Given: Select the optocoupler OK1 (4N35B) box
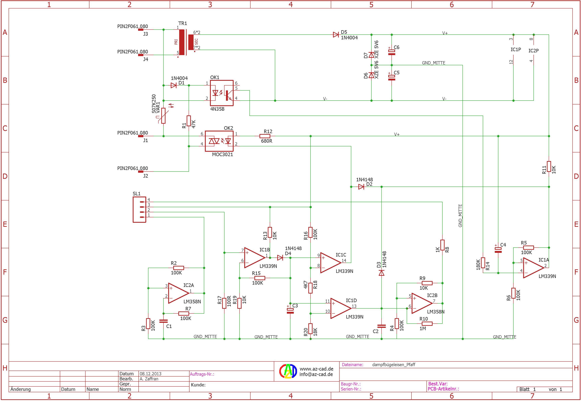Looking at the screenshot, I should coord(222,93).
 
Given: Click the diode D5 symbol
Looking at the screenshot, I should coord(336,35).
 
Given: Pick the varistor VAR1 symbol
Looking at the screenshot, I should coord(163,116).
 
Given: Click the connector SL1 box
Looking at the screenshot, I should coord(139,210).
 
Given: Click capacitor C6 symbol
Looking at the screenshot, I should coord(392,52).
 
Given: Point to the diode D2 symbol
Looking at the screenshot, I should coord(361,187).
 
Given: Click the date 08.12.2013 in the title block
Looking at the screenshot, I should coord(150,374).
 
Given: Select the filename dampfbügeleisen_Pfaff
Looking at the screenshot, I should coord(394,364).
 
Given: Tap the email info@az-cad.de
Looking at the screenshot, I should coord(316,374).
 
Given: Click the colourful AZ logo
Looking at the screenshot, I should coord(288,371).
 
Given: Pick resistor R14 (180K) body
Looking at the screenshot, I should coord(483,263).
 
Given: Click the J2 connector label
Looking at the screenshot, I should coord(146,176).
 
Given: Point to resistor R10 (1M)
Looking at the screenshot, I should coord(427,324).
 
